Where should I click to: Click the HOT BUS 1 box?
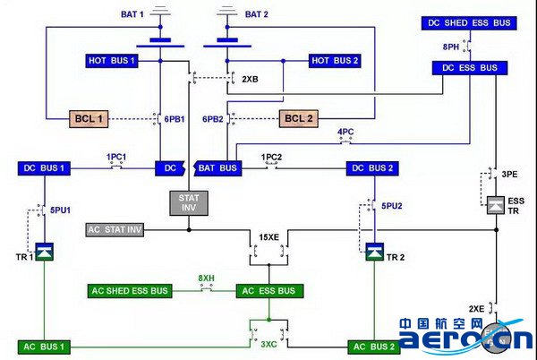click(x=112, y=61)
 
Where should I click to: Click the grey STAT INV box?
click(x=188, y=202)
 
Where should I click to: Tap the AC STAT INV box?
click(x=115, y=230)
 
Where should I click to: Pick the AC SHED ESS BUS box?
click(x=131, y=291)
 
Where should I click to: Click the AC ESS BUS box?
click(x=269, y=291)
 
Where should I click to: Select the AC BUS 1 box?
click(x=44, y=346)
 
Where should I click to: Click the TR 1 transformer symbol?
click(x=44, y=254)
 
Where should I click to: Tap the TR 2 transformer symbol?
click(x=373, y=254)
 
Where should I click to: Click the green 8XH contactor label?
click(x=207, y=279)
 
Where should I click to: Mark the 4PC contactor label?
click(x=345, y=132)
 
